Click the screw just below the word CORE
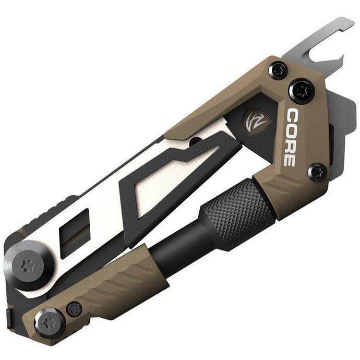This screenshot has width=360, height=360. coord(317,171)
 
